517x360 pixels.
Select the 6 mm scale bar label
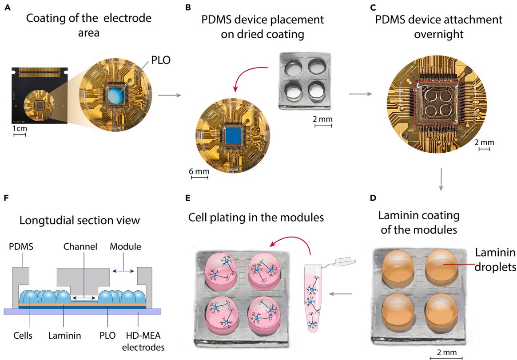[x=199, y=171]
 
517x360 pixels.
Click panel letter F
[x=6, y=198]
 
